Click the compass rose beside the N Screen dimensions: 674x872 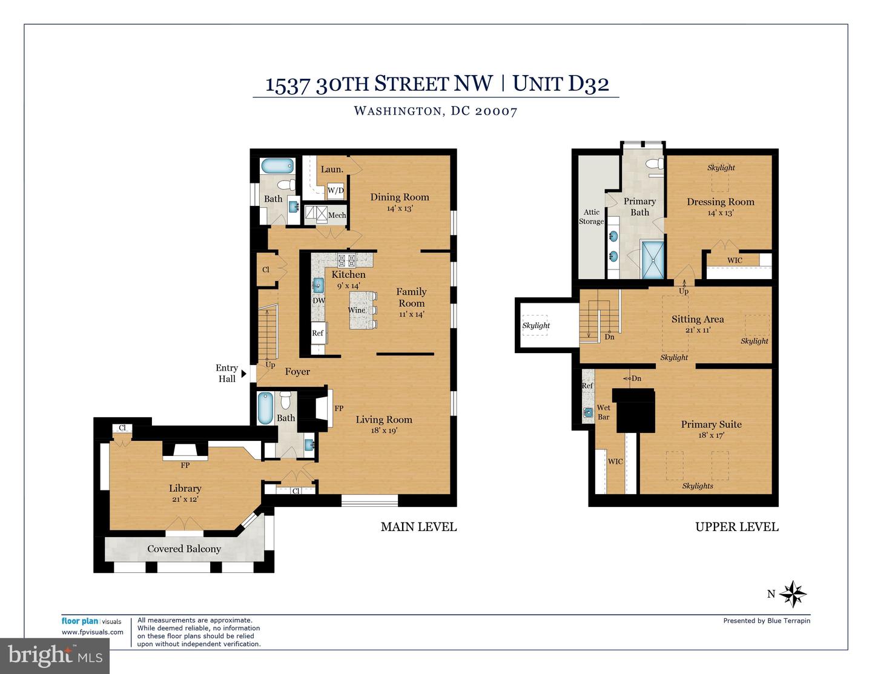click(792, 594)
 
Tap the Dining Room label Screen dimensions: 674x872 click(399, 197)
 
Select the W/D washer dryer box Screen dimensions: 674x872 click(335, 190)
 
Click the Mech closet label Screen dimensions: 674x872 click(337, 215)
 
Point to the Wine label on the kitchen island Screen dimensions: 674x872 click(357, 310)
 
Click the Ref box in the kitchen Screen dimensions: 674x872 click(318, 333)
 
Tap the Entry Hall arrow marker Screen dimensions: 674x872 click(244, 374)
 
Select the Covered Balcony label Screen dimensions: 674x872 click(184, 549)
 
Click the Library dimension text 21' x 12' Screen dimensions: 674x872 click(184, 500)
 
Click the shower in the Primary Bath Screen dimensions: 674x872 click(653, 260)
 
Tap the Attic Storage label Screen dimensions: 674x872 click(591, 217)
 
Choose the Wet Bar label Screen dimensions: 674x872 click(603, 412)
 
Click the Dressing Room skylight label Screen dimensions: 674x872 click(721, 168)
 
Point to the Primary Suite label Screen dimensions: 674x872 click(711, 425)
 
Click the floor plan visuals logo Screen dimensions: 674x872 click(91, 621)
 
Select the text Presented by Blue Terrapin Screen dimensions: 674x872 click(766, 621)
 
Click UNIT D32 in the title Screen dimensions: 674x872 click(561, 83)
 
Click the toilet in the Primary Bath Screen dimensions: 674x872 click(653, 164)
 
